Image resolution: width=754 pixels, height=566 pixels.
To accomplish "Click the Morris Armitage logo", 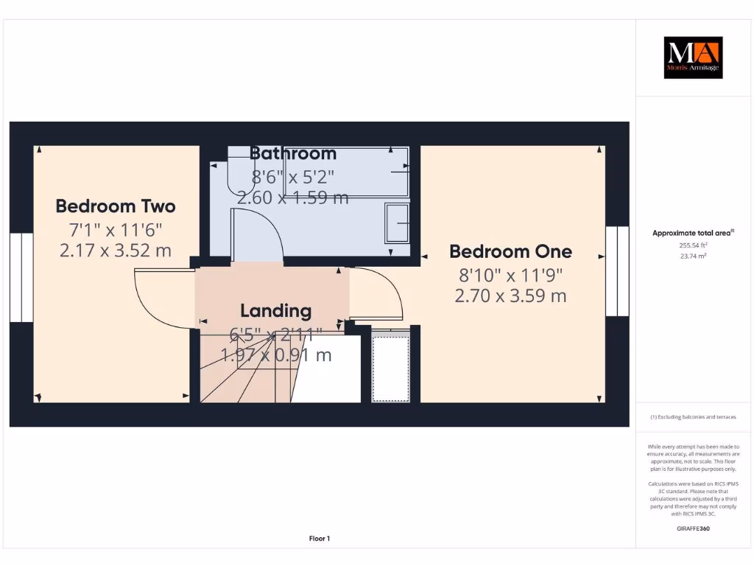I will coord(693,57).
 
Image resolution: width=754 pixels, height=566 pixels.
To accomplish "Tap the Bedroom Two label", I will coord(116,206).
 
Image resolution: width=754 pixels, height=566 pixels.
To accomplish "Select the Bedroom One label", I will coord(510,251).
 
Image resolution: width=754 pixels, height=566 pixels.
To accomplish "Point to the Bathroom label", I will coord(293,153).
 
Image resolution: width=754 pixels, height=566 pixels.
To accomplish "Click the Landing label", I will coord(276,311).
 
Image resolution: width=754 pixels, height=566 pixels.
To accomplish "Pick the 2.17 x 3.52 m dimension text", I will coord(116,251).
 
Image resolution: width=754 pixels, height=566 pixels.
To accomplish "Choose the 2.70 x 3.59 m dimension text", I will coord(510,296).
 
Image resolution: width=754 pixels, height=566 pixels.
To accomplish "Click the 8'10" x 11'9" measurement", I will coord(510,275).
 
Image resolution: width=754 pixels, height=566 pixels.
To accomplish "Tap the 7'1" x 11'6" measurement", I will coord(116,228).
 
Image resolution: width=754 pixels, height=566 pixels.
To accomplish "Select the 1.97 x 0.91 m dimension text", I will coord(276,355).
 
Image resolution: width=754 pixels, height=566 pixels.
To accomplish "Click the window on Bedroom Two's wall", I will coord(21,278).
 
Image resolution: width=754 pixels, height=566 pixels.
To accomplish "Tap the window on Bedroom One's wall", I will coord(617,271).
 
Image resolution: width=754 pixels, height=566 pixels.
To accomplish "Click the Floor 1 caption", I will coord(319,539).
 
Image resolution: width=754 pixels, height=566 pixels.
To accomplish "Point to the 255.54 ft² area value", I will coord(692,245).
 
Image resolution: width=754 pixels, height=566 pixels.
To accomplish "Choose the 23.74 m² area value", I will coord(692,256).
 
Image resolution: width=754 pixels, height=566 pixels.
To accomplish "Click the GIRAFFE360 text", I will coord(692,528).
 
